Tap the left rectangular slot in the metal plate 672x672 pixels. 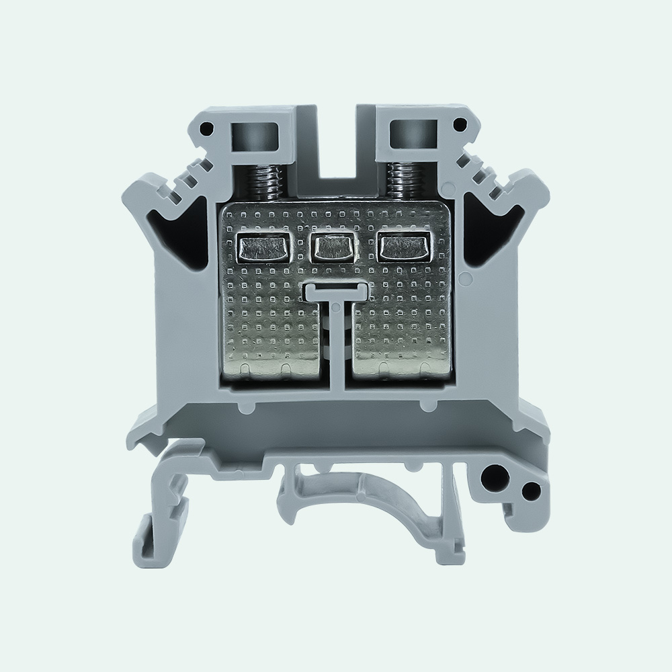[263, 248]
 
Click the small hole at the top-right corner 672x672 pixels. [460, 124]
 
